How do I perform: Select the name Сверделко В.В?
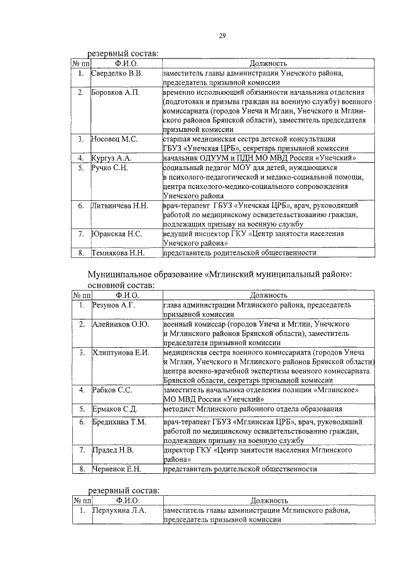(118, 74)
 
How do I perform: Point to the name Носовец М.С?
(115, 138)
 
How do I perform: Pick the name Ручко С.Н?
(111, 168)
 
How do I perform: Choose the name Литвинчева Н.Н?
(121, 205)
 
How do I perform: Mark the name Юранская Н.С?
(117, 233)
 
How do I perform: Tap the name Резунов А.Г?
(114, 304)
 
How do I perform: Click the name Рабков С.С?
(112, 390)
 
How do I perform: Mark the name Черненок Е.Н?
(116, 469)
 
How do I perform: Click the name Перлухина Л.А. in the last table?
(119, 511)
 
